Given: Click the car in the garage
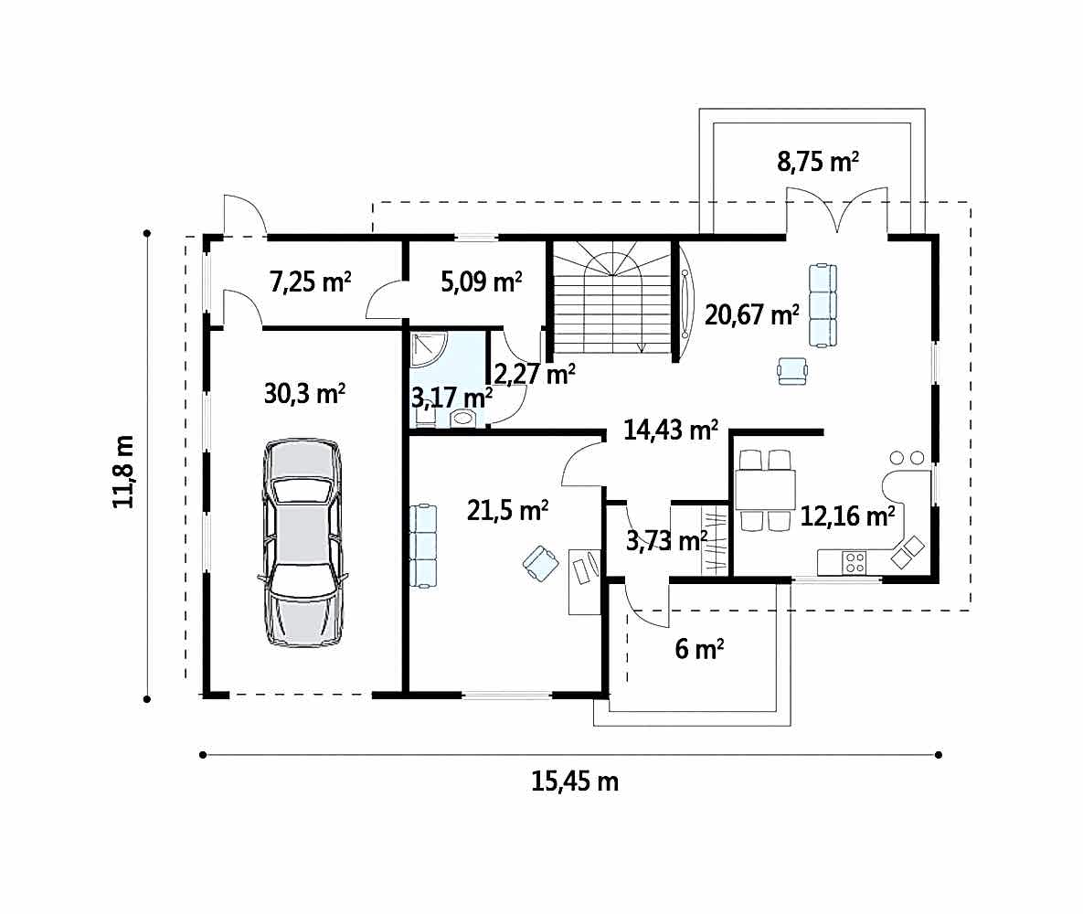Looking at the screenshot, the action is (x=302, y=542).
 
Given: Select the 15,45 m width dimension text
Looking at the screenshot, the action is (x=575, y=781).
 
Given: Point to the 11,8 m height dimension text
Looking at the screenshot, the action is (x=123, y=472).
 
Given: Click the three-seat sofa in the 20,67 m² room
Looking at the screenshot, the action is (x=823, y=305).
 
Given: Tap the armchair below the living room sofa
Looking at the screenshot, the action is (x=791, y=371).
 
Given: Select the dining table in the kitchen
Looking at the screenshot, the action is (x=765, y=490).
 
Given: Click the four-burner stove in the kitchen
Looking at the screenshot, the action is (x=855, y=562).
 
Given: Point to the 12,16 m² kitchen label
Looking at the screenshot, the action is (x=847, y=515).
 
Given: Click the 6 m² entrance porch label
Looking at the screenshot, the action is (x=699, y=649).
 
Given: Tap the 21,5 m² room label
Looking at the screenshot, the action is (x=507, y=510).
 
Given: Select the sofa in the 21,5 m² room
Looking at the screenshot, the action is (x=423, y=546).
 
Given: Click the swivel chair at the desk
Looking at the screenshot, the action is (x=541, y=563).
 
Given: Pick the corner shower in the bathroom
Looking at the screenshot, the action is (x=429, y=349).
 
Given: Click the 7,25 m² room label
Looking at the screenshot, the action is (x=310, y=282).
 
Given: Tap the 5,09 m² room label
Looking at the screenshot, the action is (x=482, y=282).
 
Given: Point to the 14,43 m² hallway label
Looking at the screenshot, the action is (x=671, y=430).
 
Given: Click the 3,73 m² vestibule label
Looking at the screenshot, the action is (x=666, y=539).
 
